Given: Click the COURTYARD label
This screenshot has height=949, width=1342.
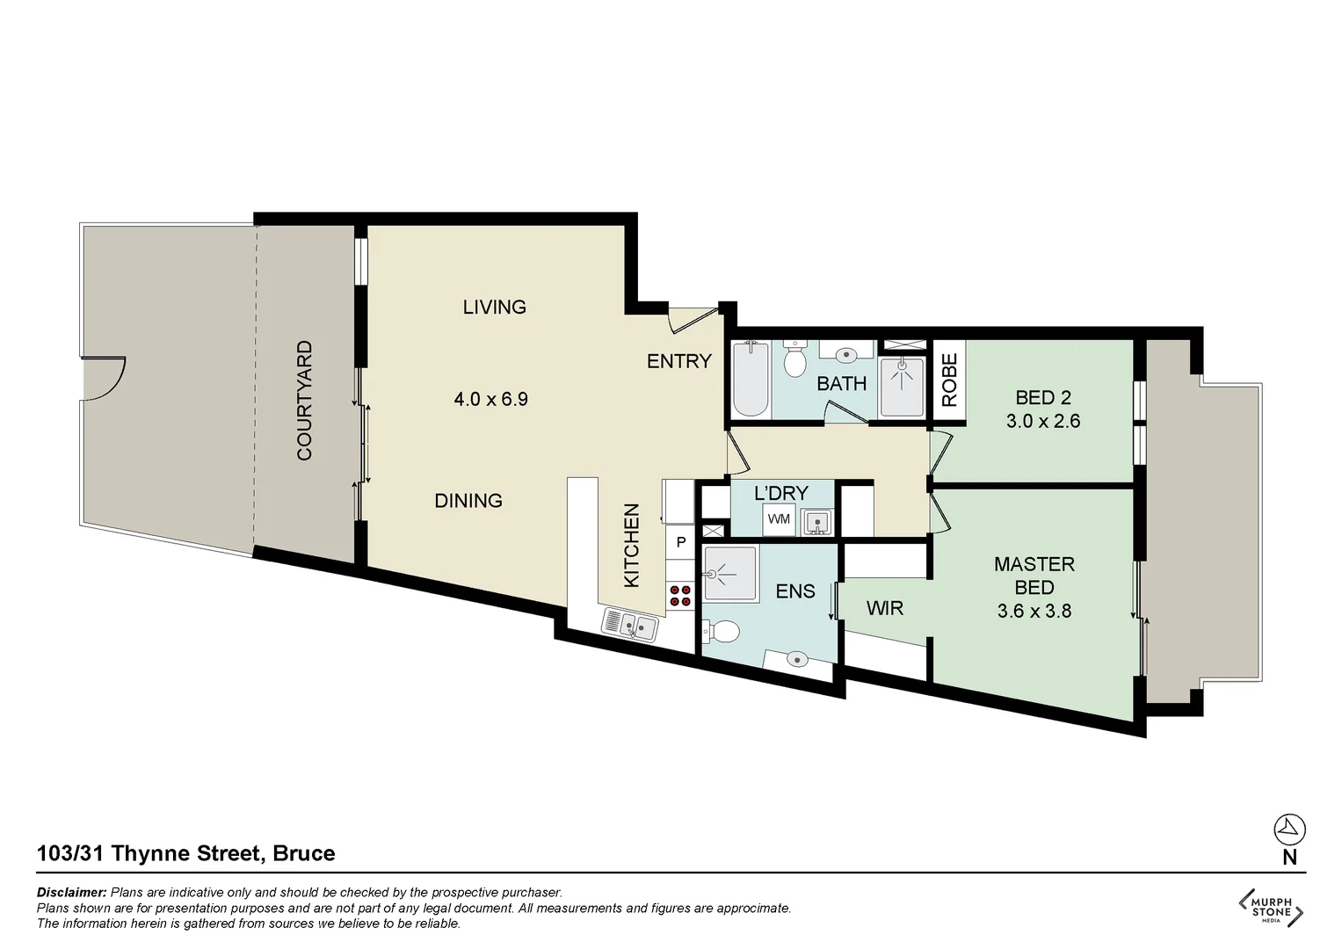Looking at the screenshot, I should (305, 401).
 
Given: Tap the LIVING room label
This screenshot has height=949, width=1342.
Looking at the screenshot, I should (495, 307).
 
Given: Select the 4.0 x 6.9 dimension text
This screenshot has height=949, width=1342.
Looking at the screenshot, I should (490, 399).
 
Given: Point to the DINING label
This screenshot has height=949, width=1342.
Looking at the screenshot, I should (468, 501).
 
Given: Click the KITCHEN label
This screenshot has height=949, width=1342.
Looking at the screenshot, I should (632, 546).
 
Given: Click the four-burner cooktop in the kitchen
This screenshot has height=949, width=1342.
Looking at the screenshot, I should (680, 596).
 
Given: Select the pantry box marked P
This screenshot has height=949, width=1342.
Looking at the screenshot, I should (680, 543).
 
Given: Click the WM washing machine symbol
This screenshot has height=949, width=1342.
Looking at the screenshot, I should (779, 519).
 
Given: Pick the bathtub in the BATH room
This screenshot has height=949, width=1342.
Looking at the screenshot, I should (751, 379).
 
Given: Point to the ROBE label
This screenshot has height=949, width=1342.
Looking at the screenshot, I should (949, 379).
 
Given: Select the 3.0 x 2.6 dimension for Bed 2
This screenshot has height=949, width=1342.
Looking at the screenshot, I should (1043, 421).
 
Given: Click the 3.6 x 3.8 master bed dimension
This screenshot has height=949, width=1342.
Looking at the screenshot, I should (1034, 611).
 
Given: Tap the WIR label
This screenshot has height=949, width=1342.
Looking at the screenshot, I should (884, 608).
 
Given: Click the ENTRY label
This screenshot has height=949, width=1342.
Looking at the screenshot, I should (679, 361).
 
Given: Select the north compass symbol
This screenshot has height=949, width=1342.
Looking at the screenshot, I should (1289, 829).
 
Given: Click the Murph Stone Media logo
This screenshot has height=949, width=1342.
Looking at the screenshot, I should (1271, 906).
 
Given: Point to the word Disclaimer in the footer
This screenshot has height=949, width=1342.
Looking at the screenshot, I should (71, 892).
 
